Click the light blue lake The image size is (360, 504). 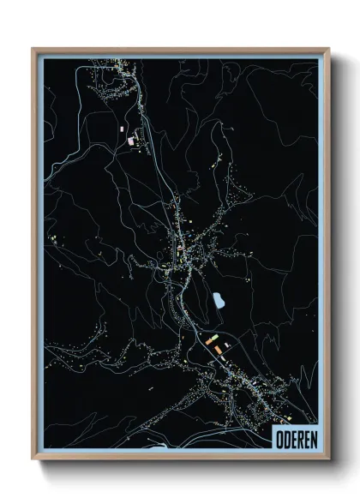pyautogui.click(x=219, y=301)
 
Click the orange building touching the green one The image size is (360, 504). pyautogui.click(x=209, y=340)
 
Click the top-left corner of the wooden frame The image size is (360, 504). pyautogui.click(x=33, y=49)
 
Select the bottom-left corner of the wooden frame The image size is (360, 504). pyautogui.click(x=33, y=459)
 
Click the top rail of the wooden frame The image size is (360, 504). pyautogui.click(x=180, y=49)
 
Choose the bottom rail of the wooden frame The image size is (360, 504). pyautogui.click(x=180, y=459)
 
